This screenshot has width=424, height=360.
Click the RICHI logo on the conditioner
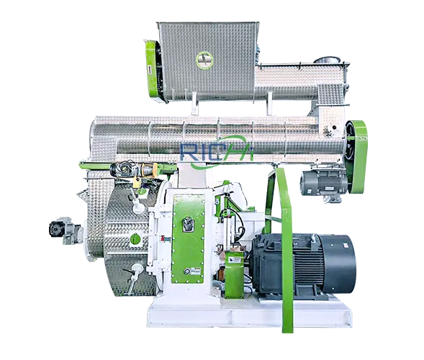pos(217,151)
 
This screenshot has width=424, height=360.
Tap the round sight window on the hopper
pos(204,60)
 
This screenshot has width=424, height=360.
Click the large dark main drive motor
pos(303,264)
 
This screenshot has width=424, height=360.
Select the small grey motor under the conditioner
pos(323,184)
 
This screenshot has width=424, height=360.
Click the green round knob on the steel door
pos(135,239)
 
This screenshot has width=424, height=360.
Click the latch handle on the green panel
pos(188,224)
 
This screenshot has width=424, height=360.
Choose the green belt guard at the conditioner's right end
pos(356,157)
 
